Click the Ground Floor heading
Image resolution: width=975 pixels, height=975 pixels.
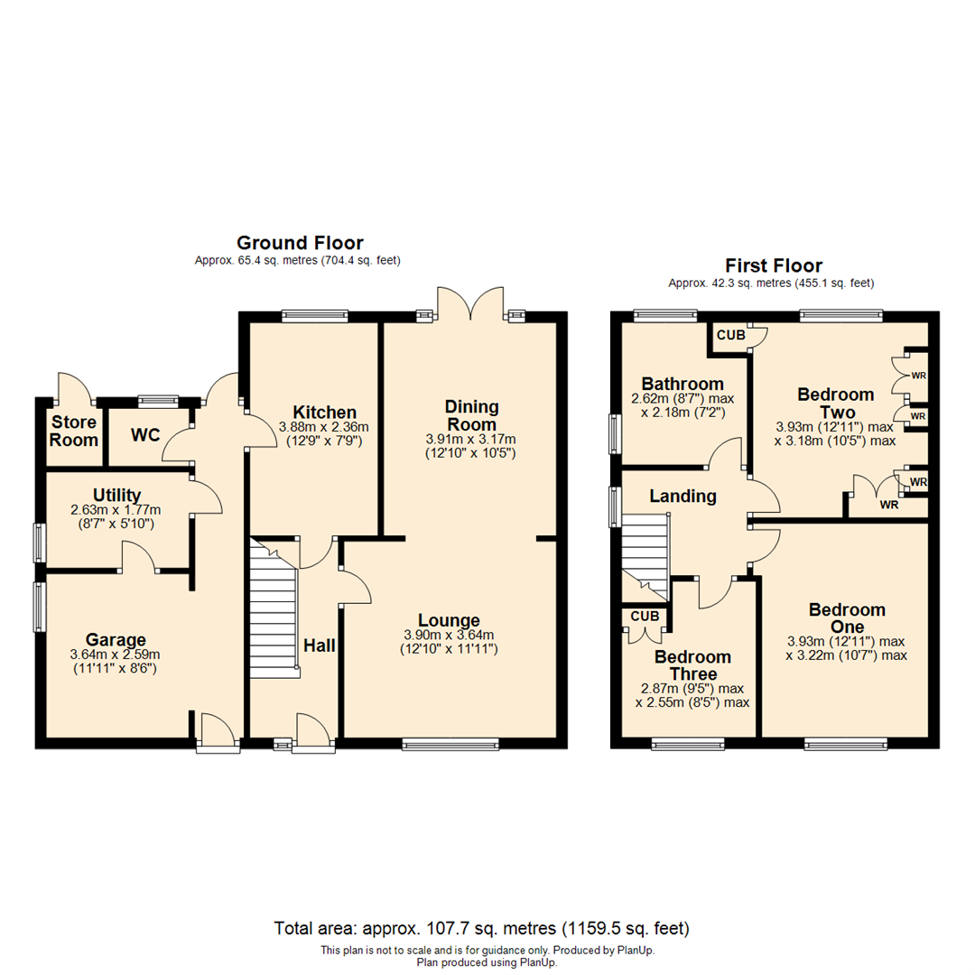pyautogui.click(x=299, y=243)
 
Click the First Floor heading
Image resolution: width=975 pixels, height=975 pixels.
pyautogui.click(x=774, y=265)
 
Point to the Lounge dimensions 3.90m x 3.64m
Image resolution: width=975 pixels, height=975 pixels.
pyautogui.click(x=448, y=636)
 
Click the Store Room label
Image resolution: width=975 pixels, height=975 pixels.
pyautogui.click(x=74, y=432)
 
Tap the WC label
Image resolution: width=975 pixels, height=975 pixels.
pyautogui.click(x=145, y=434)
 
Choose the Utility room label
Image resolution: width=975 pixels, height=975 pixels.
pyautogui.click(x=116, y=495)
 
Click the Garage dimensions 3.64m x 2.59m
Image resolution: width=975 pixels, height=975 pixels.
pyautogui.click(x=115, y=655)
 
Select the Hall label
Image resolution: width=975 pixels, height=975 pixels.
pyautogui.click(x=320, y=645)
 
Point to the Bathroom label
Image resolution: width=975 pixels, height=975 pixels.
pyautogui.click(x=682, y=384)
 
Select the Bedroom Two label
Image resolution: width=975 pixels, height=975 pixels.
pyautogui.click(x=835, y=403)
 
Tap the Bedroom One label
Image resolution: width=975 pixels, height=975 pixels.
pyautogui.click(x=846, y=618)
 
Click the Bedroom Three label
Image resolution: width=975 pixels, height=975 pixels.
pyautogui.click(x=692, y=665)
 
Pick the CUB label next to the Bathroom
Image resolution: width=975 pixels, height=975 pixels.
pyautogui.click(x=731, y=335)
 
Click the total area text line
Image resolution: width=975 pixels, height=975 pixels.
pyautogui.click(x=481, y=928)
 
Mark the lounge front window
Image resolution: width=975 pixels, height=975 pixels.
pyautogui.click(x=450, y=744)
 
